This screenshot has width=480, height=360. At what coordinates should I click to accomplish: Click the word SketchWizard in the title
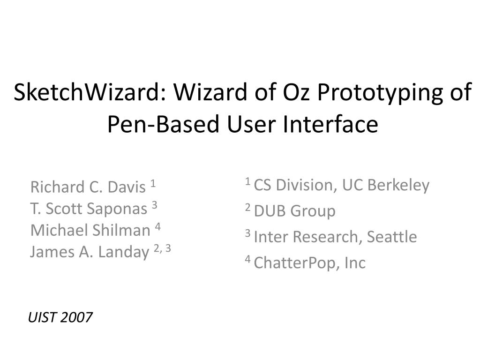(x=86, y=93)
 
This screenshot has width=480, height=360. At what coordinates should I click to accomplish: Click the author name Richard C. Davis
(x=88, y=187)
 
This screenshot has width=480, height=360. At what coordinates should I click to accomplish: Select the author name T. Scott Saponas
(x=89, y=209)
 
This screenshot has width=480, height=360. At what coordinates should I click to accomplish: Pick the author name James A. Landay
(x=89, y=252)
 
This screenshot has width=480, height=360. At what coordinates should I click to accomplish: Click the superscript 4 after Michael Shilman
(x=158, y=227)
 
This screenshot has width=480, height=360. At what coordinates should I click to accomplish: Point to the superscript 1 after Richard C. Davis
(x=153, y=184)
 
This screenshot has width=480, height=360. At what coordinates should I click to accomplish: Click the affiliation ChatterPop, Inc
(x=309, y=263)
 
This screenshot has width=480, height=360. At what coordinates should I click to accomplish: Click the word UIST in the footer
(x=42, y=318)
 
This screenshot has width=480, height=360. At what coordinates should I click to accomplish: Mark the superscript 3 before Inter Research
(x=247, y=234)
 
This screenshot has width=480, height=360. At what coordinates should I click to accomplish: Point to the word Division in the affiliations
(x=305, y=186)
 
